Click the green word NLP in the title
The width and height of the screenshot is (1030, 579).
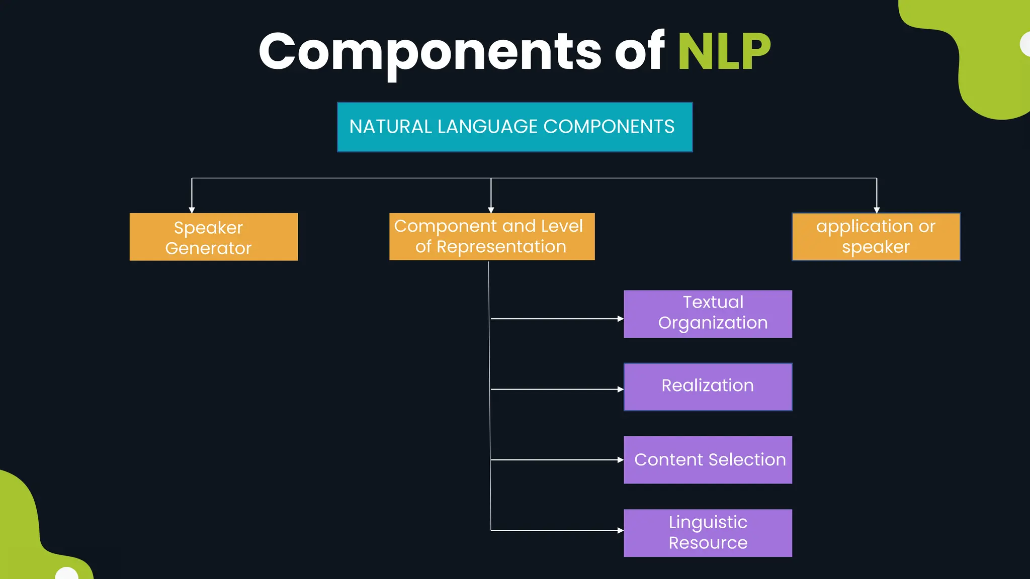tap(724, 51)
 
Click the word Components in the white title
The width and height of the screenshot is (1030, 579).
tap(430, 51)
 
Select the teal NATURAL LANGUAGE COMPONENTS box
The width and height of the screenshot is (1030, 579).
tap(514, 127)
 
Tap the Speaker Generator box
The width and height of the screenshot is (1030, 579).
tap(213, 237)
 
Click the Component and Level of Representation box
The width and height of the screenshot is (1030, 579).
tap(491, 237)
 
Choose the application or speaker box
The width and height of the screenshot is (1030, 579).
tap(876, 237)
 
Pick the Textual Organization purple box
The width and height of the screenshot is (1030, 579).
tap(708, 314)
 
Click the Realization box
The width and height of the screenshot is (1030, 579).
tap(708, 387)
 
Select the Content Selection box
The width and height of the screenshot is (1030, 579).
tap(708, 460)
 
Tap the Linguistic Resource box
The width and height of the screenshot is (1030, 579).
tap(708, 533)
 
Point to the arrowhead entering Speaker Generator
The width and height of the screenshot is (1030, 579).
tap(192, 210)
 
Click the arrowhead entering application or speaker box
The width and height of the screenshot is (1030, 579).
tap(877, 210)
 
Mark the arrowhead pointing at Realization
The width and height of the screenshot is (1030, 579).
tap(621, 389)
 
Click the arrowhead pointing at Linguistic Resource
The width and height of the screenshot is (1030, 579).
tap(621, 530)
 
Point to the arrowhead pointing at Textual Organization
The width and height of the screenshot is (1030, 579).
tap(621, 319)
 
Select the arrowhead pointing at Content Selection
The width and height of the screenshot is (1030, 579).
tap(621, 459)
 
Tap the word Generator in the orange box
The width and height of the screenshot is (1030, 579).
tap(208, 248)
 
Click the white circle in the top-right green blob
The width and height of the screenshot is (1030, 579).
tap(1025, 44)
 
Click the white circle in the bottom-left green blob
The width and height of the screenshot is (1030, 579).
tap(66, 574)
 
